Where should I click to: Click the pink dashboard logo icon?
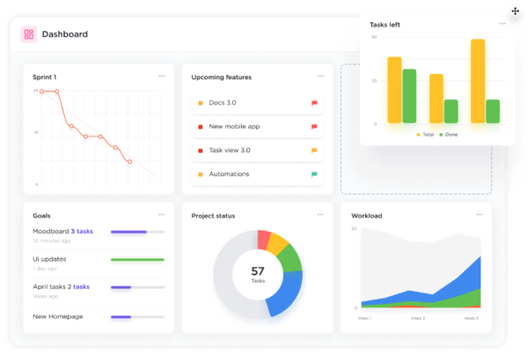coord(29,34)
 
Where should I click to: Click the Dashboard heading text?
coord(65,34)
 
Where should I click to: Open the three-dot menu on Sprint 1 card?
coord(161,77)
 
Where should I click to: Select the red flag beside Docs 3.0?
coord(314,103)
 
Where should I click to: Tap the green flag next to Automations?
coord(314,174)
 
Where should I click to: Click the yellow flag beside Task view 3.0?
coord(314,151)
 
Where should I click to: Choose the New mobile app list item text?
coord(234,127)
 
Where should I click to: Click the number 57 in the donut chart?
coord(258,271)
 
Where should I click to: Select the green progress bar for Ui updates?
coord(137,260)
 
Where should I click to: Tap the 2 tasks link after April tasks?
coord(81,287)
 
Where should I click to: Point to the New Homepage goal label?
coord(57,316)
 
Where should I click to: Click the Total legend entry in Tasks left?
coord(425,135)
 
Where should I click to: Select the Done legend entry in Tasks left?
coord(449,135)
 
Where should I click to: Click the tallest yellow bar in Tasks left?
coord(478,81)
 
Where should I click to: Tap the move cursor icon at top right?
coord(516,11)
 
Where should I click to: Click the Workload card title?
coord(367,216)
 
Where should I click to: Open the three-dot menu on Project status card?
coord(320,215)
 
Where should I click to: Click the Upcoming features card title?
coord(221,77)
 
